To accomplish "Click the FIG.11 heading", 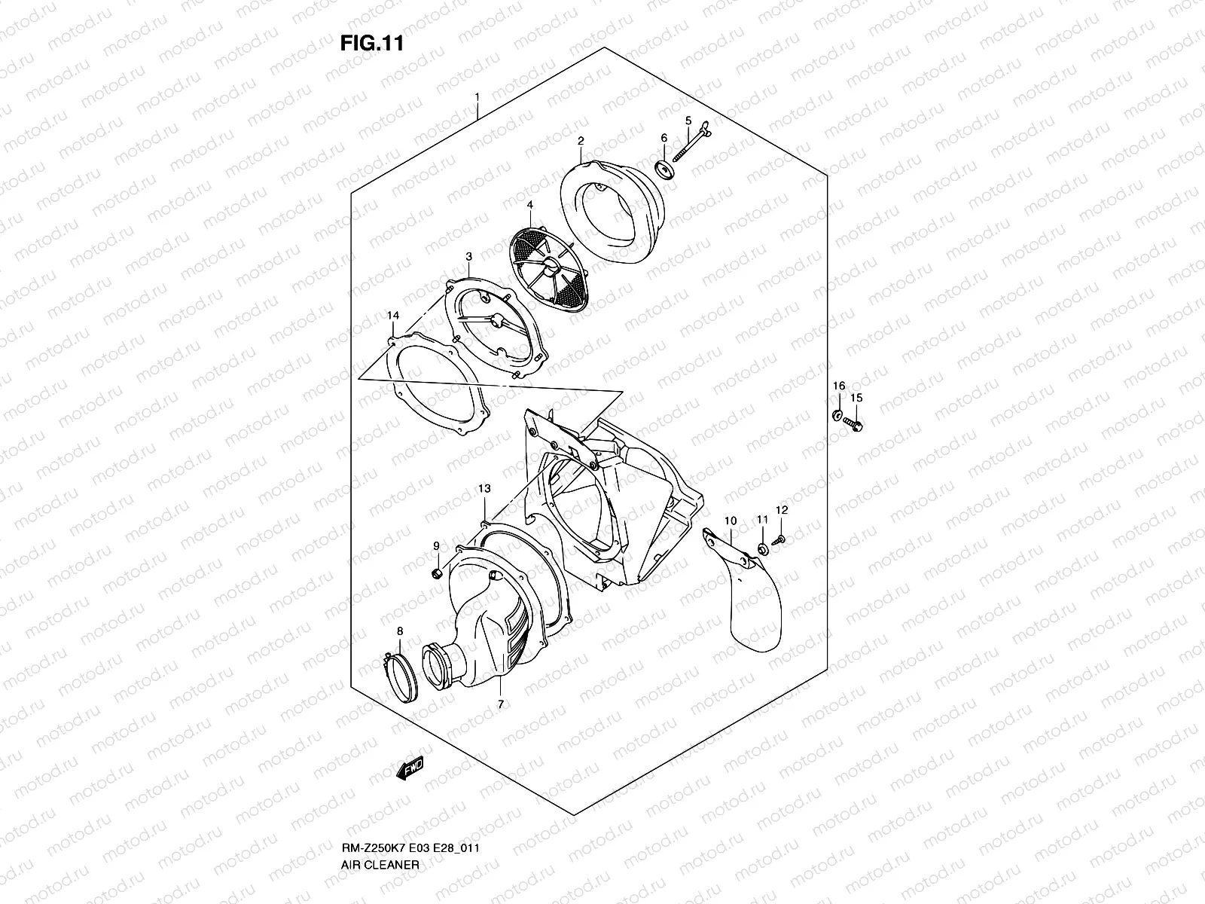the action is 371,43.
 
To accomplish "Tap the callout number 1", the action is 477,97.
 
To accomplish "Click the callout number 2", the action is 581,141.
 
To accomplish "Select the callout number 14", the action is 393,316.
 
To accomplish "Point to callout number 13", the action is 484,488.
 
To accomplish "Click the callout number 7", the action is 501,704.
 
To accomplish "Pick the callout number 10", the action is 731,521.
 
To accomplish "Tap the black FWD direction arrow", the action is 410,768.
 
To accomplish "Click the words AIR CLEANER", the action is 380,865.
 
